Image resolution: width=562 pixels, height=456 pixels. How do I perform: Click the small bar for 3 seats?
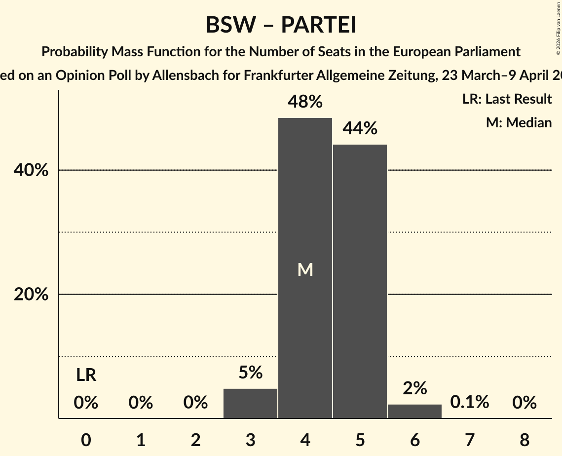point(250,404)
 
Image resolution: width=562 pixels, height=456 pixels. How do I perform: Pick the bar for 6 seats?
point(414,412)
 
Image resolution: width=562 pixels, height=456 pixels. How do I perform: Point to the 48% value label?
point(305,102)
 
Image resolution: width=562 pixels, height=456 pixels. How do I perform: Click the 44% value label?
point(360,129)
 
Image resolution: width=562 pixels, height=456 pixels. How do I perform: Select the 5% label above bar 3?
point(250,373)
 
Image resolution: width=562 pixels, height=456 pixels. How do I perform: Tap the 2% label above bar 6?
point(414,388)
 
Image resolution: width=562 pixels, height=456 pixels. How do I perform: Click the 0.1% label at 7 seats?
point(469,403)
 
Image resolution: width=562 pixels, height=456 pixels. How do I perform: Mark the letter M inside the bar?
point(305,269)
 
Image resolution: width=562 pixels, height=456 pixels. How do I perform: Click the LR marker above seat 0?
point(86,376)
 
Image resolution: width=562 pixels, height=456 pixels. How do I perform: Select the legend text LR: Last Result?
point(507,99)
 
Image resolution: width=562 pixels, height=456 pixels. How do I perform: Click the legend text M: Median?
point(518,122)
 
